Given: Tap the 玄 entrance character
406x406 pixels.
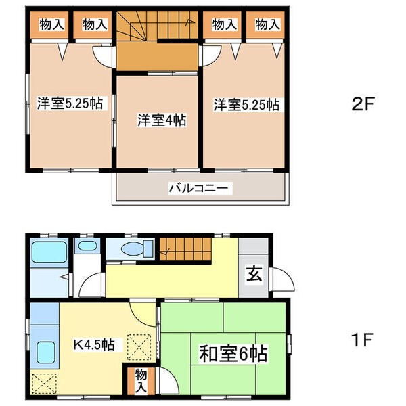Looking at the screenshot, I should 252,275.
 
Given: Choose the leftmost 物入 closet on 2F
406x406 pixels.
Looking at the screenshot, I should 52,25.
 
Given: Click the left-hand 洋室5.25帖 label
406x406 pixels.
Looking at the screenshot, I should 70,104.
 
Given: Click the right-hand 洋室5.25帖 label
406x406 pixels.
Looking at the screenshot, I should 247,105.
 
